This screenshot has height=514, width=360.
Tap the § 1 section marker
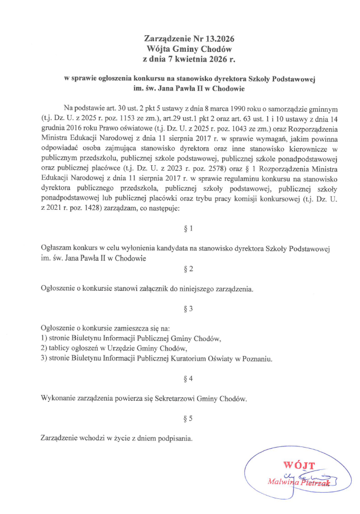(188, 228)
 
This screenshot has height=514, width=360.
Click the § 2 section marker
(188, 269)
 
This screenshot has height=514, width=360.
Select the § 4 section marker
(188, 378)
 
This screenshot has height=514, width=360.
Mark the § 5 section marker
(188, 417)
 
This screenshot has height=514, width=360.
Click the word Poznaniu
(256, 358)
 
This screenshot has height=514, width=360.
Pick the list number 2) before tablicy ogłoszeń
(45, 348)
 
